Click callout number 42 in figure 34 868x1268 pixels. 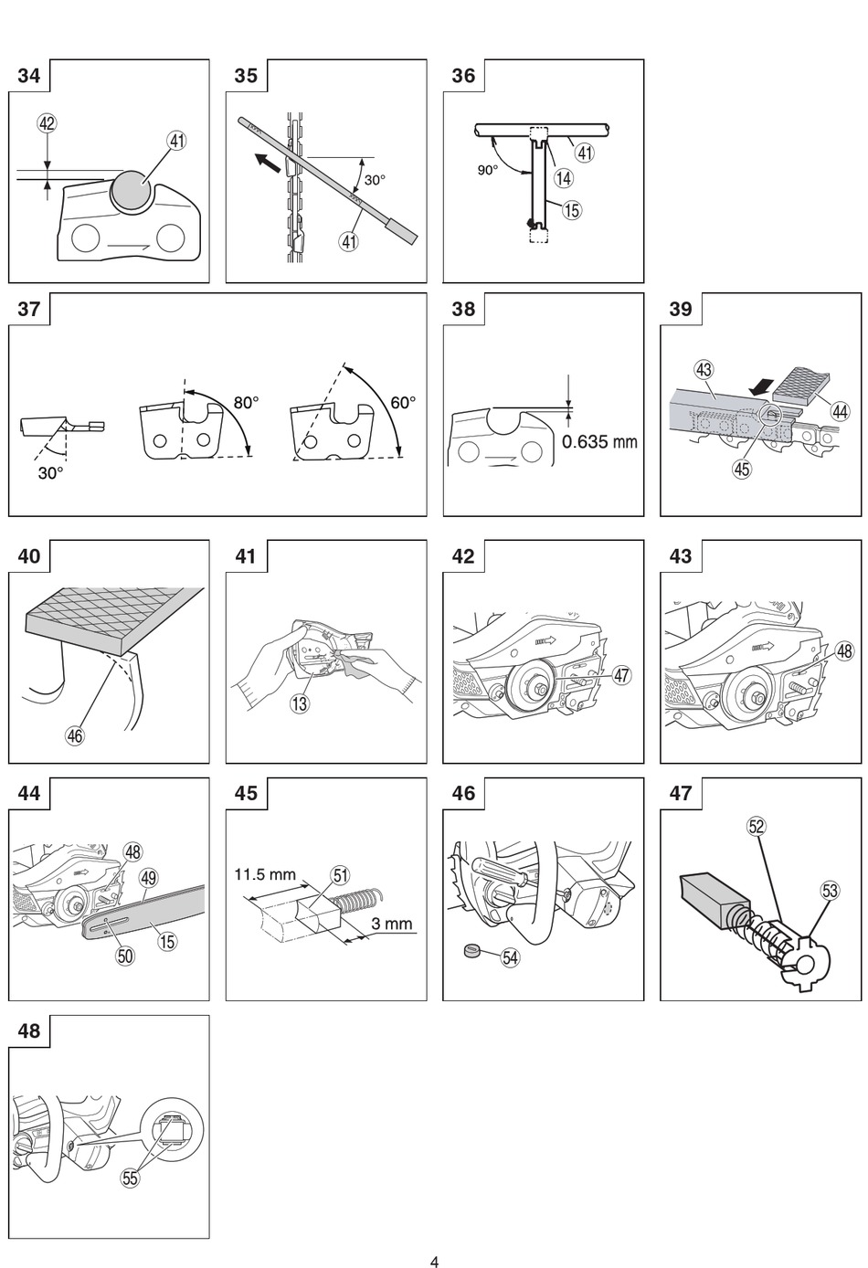(x=47, y=123)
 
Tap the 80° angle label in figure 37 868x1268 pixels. (x=247, y=403)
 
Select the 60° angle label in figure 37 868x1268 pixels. (x=403, y=403)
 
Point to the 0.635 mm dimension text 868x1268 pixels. (x=599, y=441)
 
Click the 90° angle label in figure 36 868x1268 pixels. (x=488, y=169)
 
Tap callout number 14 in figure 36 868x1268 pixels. (x=563, y=178)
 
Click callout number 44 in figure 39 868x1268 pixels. (x=839, y=411)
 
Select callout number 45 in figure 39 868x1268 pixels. (x=741, y=468)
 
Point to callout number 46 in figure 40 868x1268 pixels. (x=75, y=735)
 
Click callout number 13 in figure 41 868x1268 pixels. (x=300, y=703)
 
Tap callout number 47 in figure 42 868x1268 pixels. (x=621, y=675)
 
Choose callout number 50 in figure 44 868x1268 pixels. (x=125, y=956)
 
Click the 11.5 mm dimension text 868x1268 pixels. (x=265, y=874)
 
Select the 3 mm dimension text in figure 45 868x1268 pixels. (x=392, y=924)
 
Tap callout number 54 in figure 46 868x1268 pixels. (x=510, y=957)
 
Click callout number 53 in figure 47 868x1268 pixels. (x=830, y=891)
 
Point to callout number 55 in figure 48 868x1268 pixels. (x=130, y=1178)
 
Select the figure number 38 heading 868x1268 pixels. (x=463, y=309)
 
